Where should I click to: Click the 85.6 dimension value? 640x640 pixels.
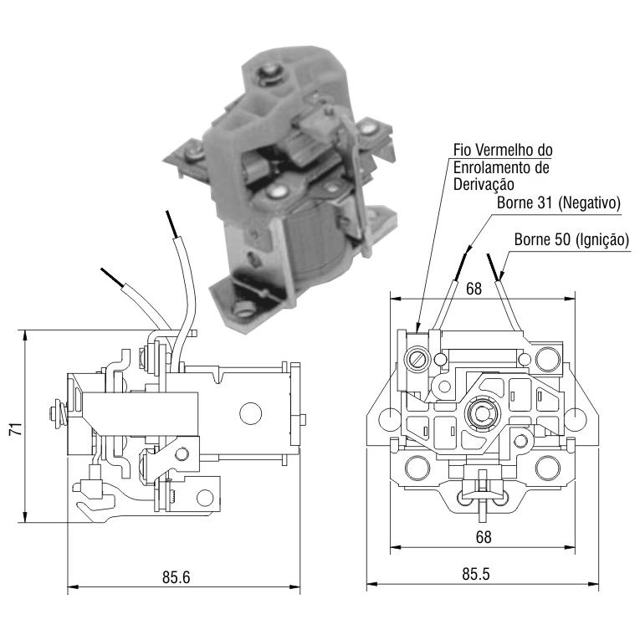[x=176, y=577]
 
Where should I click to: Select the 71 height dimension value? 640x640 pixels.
[x=16, y=429]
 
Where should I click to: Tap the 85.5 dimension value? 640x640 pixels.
[x=476, y=574]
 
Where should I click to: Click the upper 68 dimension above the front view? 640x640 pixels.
[x=474, y=289]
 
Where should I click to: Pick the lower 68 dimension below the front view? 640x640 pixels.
[x=484, y=537]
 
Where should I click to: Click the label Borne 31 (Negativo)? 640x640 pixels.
[x=558, y=202]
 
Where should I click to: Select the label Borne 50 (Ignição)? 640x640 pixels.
[x=571, y=239]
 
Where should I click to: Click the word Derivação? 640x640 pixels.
[x=484, y=185]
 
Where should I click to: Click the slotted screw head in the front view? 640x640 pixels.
[x=417, y=359]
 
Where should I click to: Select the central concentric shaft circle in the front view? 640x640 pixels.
[x=482, y=414]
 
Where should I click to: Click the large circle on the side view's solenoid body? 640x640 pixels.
[x=250, y=413]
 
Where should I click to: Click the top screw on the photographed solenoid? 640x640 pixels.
[x=269, y=74]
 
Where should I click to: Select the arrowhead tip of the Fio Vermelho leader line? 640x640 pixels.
[x=417, y=332]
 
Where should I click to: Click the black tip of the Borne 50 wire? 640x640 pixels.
[x=493, y=267]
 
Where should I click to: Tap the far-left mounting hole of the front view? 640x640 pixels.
[x=389, y=419]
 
